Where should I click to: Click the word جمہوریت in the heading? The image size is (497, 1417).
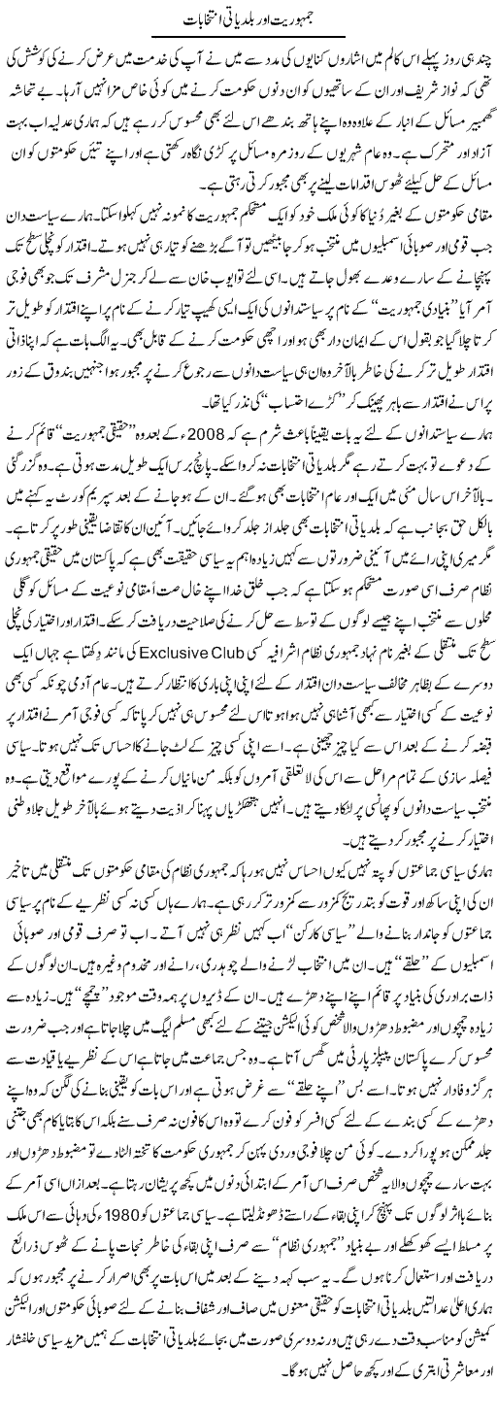pos(309,20)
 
